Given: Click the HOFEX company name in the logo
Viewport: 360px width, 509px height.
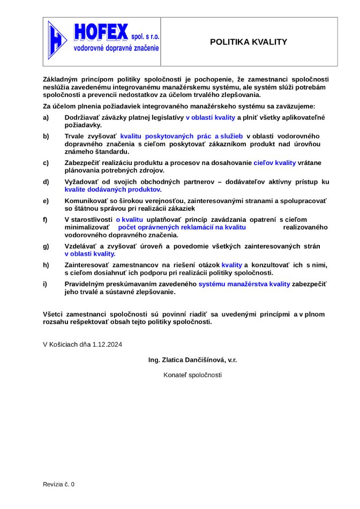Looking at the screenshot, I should (x=101, y=32).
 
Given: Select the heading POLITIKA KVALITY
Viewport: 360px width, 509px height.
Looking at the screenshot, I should (x=249, y=42).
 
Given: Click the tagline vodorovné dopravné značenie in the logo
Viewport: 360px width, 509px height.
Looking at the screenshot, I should (x=116, y=48).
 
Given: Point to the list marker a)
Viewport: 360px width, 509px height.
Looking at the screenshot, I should (x=46, y=117).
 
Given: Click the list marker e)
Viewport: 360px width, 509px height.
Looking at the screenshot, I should (x=46, y=200).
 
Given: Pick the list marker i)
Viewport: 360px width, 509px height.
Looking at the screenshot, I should (x=46, y=284).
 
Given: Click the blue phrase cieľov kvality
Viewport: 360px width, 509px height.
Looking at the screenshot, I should (x=274, y=162).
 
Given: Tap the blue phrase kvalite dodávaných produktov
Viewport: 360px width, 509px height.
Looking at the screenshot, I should (x=113, y=189).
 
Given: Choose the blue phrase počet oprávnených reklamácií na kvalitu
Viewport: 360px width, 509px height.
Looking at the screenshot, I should (x=182, y=227).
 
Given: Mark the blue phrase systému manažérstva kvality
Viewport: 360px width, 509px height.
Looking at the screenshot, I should (x=244, y=284).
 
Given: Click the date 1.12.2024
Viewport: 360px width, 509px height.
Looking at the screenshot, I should (x=108, y=345).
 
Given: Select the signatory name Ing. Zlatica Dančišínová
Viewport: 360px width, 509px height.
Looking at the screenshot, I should (x=186, y=360).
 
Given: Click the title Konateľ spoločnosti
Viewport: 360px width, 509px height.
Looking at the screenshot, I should (x=192, y=375).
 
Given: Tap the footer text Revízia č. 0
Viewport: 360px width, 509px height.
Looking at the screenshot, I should (x=59, y=484).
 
